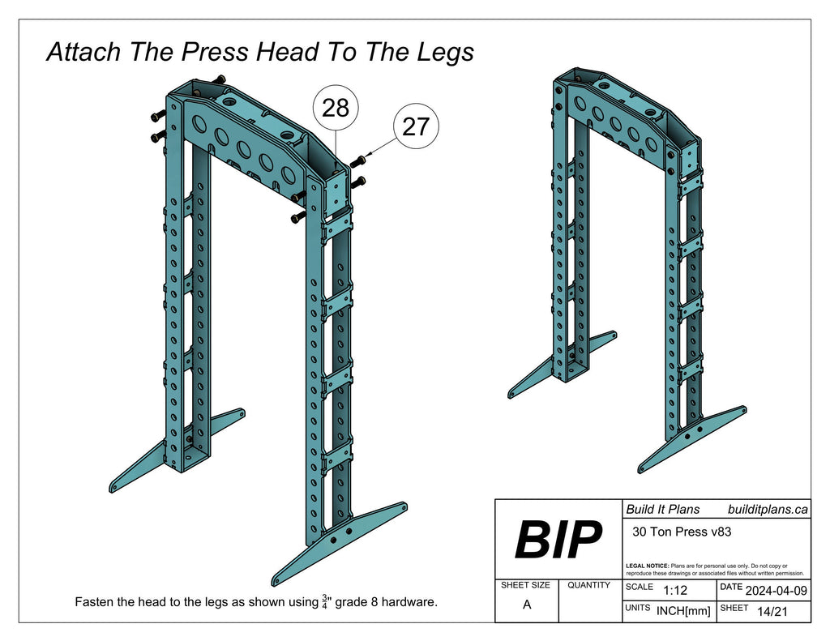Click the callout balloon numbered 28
(336, 107)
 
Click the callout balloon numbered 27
(415, 127)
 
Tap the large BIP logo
(558, 540)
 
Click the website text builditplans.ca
(768, 509)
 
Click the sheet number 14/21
(772, 612)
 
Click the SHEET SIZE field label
(526, 585)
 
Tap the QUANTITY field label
(588, 585)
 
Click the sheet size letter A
(527, 605)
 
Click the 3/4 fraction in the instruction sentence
(325, 602)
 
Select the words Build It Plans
(662, 509)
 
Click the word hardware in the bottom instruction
(410, 603)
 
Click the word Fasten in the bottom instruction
(95, 603)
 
